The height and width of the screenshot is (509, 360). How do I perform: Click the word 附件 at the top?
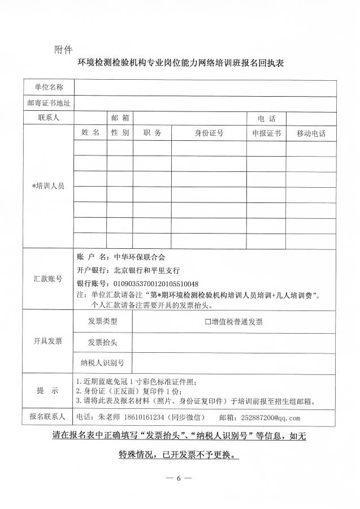point(63,48)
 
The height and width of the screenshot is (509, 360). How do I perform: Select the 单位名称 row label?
point(48,87)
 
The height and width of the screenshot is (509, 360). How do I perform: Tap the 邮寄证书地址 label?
point(48,103)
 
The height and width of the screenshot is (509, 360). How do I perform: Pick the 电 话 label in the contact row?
point(266,118)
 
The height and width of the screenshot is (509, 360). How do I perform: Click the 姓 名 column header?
point(90,132)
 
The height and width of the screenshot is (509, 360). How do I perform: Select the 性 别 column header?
point(120,132)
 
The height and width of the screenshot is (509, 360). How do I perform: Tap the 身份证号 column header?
point(209,133)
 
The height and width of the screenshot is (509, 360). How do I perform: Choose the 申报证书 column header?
point(266,133)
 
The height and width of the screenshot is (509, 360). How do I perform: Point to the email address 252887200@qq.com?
point(270,418)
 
